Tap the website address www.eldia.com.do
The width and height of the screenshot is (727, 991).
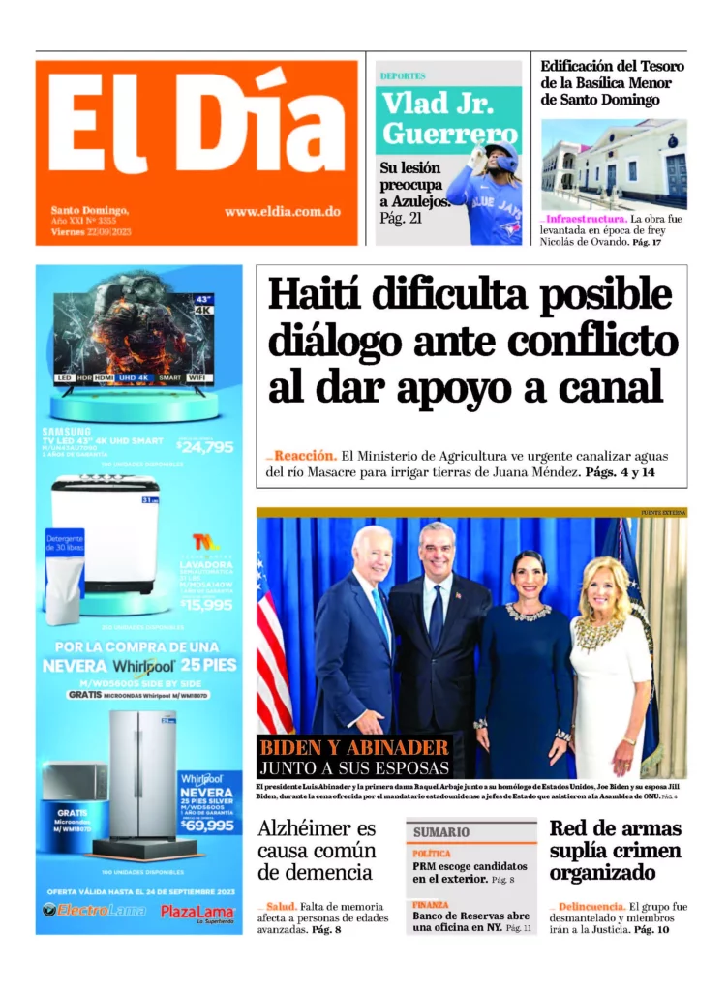click(282, 211)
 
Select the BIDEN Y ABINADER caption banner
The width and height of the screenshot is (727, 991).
click(354, 756)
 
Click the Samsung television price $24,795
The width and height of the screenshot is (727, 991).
click(205, 446)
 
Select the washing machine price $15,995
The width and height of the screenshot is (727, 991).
click(206, 604)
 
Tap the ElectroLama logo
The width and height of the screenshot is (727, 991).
click(94, 910)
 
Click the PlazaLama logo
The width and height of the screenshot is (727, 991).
click(197, 912)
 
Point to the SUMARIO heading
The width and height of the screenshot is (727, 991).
click(441, 831)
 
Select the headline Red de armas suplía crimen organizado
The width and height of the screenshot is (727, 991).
click(616, 851)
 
